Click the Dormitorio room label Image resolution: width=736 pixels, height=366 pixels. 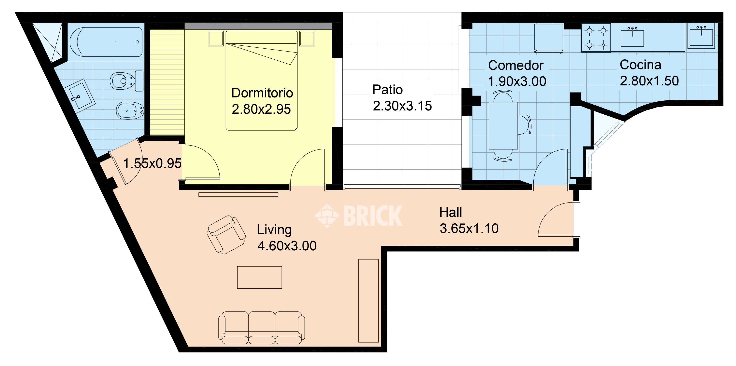point(262,93)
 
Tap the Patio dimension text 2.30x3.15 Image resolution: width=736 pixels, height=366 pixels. point(402,106)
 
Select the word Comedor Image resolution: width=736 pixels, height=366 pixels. point(516,66)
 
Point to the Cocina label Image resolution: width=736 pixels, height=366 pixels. point(640,65)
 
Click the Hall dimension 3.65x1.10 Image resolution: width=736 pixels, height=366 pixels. point(469,229)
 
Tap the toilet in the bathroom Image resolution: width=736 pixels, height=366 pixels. point(127,81)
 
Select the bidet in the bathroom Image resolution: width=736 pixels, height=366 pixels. point(130,110)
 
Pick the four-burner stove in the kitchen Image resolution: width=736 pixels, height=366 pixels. point(596,38)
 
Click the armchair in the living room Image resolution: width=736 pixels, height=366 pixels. point(226,235)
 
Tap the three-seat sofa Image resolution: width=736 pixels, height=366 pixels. point(262,328)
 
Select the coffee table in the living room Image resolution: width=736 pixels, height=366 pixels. point(259,277)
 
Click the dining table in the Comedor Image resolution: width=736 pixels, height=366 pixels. point(503,126)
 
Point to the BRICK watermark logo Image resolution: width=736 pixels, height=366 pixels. point(359,216)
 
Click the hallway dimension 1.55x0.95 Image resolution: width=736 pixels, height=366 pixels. point(152,163)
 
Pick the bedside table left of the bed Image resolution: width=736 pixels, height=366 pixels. point(216,39)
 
